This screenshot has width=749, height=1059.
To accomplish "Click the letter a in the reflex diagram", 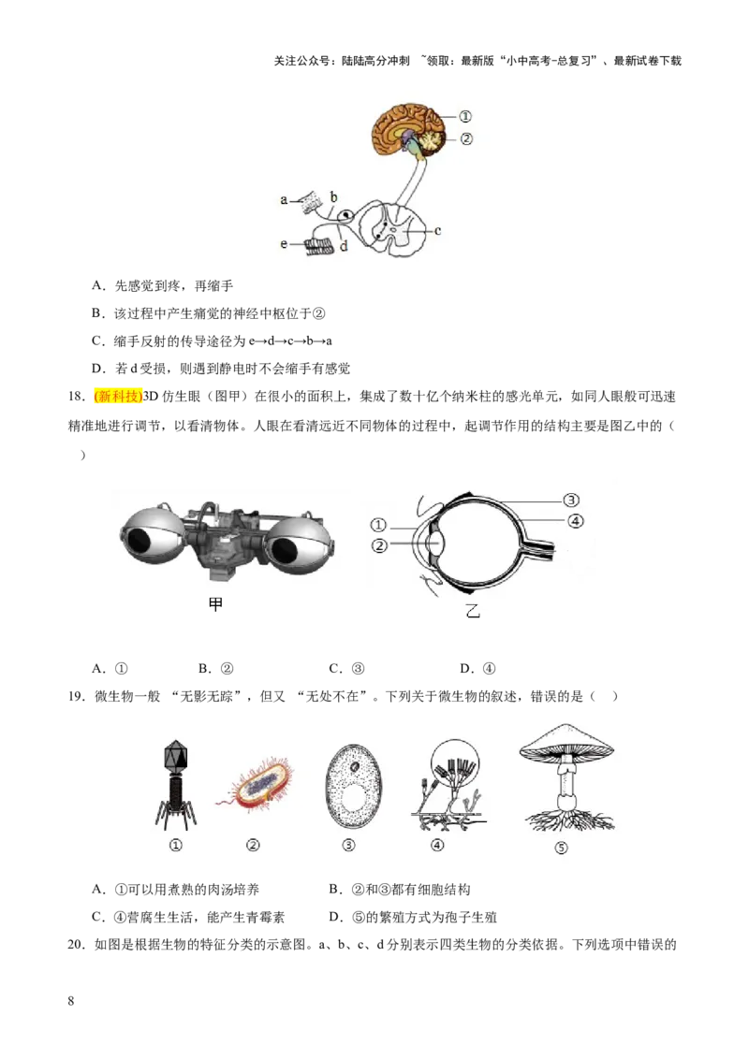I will click(x=284, y=199).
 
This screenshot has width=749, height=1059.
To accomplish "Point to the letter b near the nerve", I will click(x=333, y=196).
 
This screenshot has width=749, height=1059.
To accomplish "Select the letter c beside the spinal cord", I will click(x=437, y=229).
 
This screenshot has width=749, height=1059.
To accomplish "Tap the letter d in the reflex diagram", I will click(x=344, y=247).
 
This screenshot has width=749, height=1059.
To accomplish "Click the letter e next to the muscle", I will click(x=284, y=244).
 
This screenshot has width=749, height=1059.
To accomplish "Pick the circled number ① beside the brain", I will click(x=465, y=117).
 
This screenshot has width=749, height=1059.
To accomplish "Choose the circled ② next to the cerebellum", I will click(x=465, y=139).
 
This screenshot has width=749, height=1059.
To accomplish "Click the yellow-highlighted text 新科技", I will click(x=119, y=397).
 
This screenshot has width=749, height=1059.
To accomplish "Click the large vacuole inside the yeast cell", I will click(x=352, y=801).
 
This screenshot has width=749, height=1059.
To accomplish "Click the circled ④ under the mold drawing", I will click(x=437, y=845).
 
